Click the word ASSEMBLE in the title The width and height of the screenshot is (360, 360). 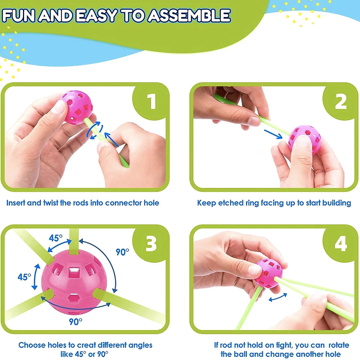pyautogui.click(x=189, y=16)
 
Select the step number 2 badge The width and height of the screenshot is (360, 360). pyautogui.click(x=341, y=102)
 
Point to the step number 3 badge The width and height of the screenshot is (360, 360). pyautogui.click(x=151, y=243)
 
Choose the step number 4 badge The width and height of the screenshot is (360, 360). pyautogui.click(x=341, y=244)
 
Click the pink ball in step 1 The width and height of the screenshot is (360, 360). pyautogui.click(x=77, y=107)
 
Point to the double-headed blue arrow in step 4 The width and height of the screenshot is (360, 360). pyautogui.click(x=278, y=297)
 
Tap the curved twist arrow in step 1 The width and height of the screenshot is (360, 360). pyautogui.click(x=95, y=130)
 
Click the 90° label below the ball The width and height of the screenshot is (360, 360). pyautogui.click(x=76, y=321)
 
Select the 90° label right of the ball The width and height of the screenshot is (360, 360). pyautogui.click(x=122, y=252)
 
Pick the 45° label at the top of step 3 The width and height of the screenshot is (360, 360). pyautogui.click(x=55, y=238)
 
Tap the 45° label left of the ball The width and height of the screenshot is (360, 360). pyautogui.click(x=24, y=277)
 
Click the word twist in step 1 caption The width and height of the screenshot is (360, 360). pyautogui.click(x=50, y=203)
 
